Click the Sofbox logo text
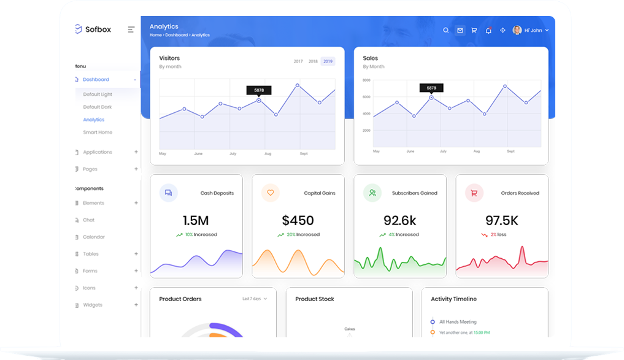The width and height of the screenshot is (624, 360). pyautogui.click(x=98, y=29)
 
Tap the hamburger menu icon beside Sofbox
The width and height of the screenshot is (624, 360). pyautogui.click(x=131, y=29)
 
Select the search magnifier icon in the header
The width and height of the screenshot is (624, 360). pyautogui.click(x=446, y=30)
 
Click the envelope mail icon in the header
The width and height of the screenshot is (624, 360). pyautogui.click(x=460, y=30)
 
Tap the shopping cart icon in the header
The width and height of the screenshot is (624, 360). pyautogui.click(x=474, y=30)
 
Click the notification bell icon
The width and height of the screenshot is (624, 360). pyautogui.click(x=488, y=30)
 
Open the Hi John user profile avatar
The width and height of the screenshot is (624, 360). pyautogui.click(x=517, y=30)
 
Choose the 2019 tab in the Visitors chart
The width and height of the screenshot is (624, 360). pyautogui.click(x=328, y=61)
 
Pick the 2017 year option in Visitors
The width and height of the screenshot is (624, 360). pyautogui.click(x=298, y=61)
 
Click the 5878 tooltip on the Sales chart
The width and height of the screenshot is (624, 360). pyautogui.click(x=431, y=88)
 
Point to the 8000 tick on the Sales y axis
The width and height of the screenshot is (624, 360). pyautogui.click(x=366, y=80)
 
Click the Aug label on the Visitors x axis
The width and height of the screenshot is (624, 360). pyautogui.click(x=268, y=154)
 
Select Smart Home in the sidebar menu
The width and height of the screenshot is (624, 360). pyautogui.click(x=98, y=132)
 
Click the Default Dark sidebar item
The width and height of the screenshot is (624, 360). pyautogui.click(x=98, y=107)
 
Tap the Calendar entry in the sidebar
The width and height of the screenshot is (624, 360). pyautogui.click(x=94, y=237)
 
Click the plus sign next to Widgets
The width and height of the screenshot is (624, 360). pyautogui.click(x=136, y=305)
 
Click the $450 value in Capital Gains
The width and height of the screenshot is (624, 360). pyautogui.click(x=298, y=221)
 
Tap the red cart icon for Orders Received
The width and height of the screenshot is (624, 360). pyautogui.click(x=474, y=193)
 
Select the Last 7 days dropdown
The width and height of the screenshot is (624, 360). pyautogui.click(x=254, y=299)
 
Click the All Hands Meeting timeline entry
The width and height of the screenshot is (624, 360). pyautogui.click(x=458, y=322)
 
